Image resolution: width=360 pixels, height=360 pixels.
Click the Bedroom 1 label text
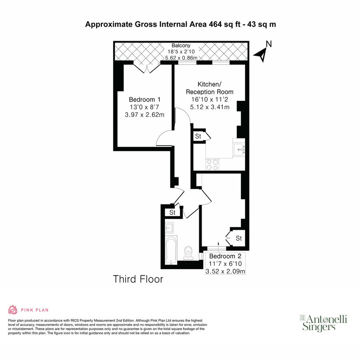144,99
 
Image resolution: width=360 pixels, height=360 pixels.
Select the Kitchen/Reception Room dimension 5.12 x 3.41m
210,107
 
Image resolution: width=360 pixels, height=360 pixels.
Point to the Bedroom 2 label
225,256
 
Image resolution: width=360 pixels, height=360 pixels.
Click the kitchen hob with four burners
212,164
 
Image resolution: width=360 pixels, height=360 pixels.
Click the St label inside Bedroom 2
239,238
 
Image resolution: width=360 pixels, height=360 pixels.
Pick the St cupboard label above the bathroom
172,212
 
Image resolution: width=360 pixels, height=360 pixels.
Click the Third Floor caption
138,279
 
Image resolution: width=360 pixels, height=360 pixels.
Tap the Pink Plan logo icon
12,310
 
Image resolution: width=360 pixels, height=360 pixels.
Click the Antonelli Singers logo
324,323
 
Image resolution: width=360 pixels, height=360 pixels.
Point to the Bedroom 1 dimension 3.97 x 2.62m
144,115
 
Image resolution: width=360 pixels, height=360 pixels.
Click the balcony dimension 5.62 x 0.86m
182,58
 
